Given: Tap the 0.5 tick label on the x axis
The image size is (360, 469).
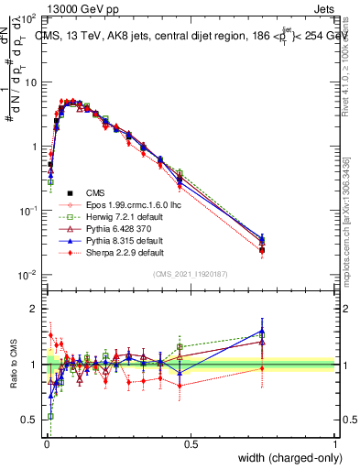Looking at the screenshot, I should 190,443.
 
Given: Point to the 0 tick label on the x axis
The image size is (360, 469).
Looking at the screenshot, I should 45,443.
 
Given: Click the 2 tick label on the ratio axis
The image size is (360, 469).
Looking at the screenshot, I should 34,309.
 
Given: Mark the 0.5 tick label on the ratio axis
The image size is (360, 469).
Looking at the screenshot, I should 30,420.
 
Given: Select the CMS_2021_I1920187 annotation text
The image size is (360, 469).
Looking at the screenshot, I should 190,274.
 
